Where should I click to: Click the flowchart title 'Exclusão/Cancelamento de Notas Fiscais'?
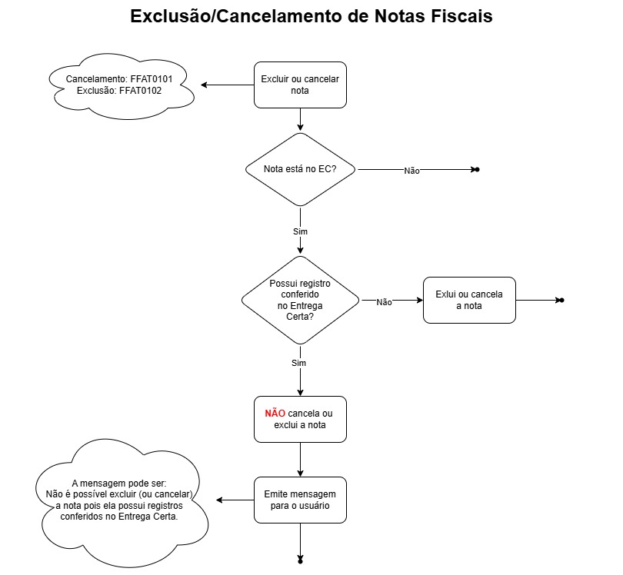[311, 17]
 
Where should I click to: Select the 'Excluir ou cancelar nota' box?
[300, 85]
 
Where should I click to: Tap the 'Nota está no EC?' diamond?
[300, 169]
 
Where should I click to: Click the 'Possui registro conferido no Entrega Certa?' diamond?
[300, 300]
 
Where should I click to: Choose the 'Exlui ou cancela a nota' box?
[469, 300]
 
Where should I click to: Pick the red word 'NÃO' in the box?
[275, 414]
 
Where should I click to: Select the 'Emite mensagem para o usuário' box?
[300, 500]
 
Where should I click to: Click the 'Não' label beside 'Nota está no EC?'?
[411, 171]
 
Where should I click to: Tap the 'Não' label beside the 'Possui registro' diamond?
[385, 302]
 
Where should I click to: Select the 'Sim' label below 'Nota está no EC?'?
[300, 231]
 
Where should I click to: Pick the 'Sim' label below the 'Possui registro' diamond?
[300, 363]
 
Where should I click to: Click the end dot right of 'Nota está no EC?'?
[477, 169]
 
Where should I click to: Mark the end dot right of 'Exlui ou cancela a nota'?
[561, 300]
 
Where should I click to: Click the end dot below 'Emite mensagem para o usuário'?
[300, 561]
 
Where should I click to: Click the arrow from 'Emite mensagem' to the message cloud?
[235, 500]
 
